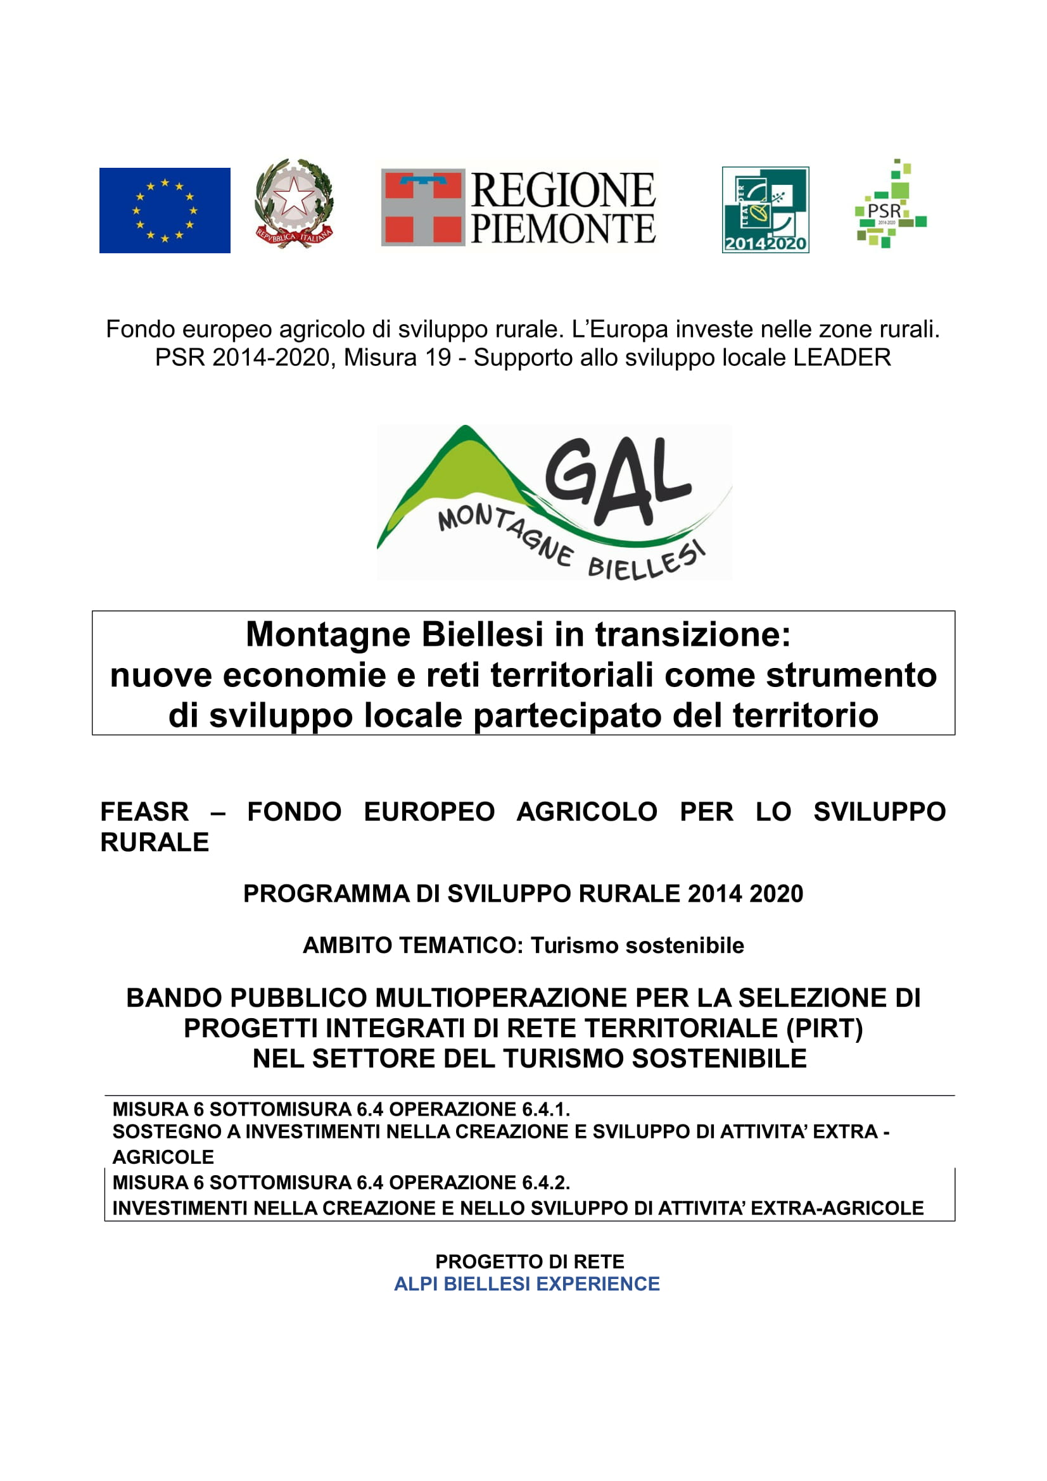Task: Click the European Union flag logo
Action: tap(165, 210)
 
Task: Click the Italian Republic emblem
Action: tap(294, 203)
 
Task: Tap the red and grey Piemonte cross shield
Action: tap(422, 207)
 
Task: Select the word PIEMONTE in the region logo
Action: tap(562, 230)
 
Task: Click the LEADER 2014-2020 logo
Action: tap(765, 210)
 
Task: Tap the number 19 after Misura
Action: tap(438, 357)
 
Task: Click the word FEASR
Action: tap(144, 812)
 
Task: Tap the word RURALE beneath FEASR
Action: tap(155, 841)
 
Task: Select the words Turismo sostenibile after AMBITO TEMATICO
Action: tap(637, 945)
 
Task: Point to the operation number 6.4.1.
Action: tap(546, 1109)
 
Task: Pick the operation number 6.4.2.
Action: tap(546, 1182)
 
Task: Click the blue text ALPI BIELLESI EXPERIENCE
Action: tap(526, 1283)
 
